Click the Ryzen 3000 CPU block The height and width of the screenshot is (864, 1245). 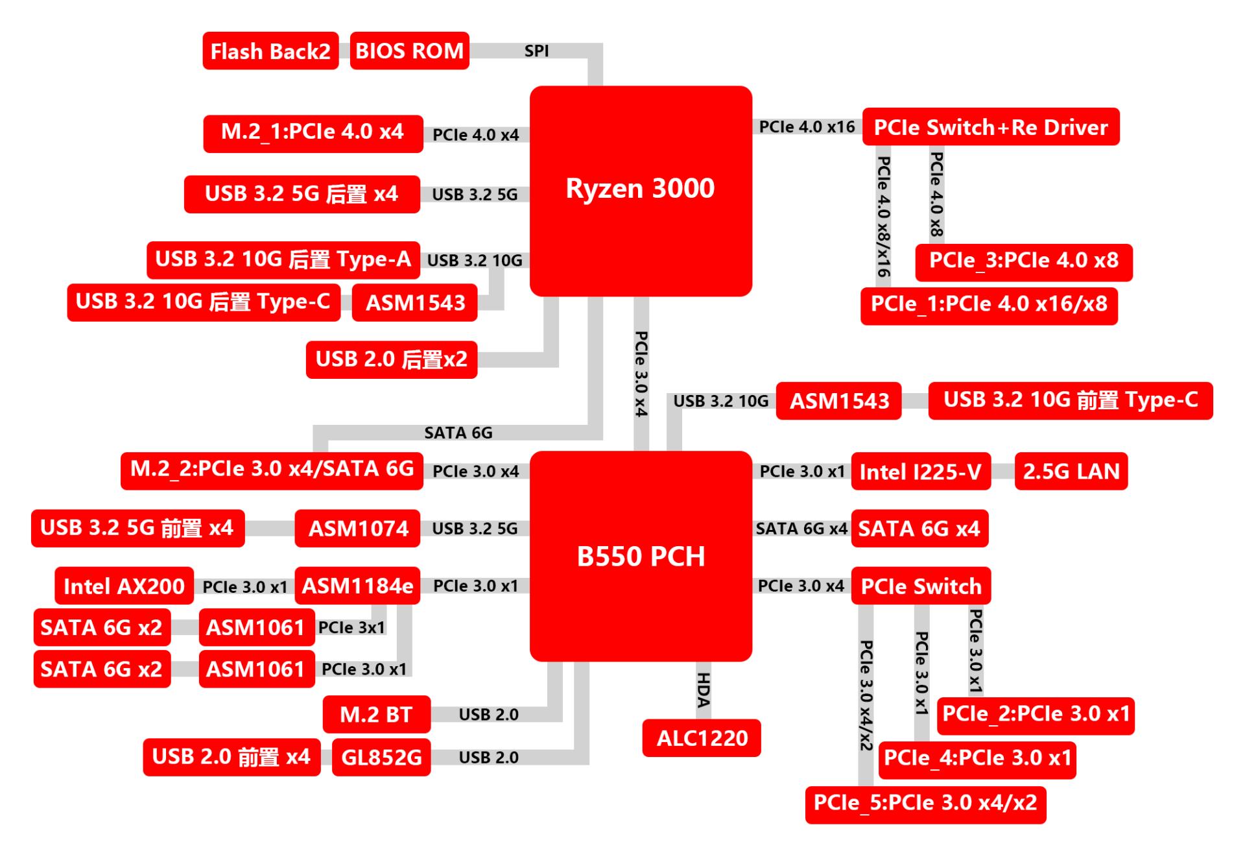(641, 190)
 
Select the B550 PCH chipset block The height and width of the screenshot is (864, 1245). (641, 556)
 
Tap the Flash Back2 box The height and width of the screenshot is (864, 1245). (270, 51)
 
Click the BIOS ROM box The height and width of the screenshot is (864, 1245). (409, 51)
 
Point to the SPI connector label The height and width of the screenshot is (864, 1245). (536, 51)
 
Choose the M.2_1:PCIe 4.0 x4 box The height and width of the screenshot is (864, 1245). (313, 133)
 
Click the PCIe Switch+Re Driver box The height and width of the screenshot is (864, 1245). (990, 126)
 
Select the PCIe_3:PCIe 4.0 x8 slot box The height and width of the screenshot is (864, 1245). (1023, 261)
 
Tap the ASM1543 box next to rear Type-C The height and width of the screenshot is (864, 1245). (415, 303)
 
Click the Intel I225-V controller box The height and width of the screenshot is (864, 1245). (920, 472)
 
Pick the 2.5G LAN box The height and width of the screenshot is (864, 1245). (1071, 472)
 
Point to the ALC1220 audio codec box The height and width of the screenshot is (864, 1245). (702, 738)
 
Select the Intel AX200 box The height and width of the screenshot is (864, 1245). (124, 586)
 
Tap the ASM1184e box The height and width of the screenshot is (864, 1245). (357, 586)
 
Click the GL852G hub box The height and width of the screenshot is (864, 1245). (381, 757)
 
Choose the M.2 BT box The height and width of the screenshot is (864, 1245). (376, 714)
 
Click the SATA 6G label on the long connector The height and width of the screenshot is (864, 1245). (458, 433)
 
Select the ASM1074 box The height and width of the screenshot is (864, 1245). (358, 529)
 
